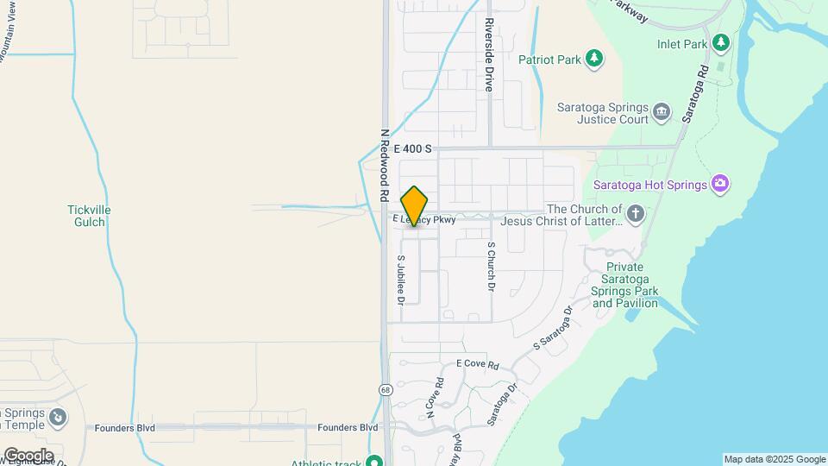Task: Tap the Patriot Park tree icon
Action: click(x=593, y=59)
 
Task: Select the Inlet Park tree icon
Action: click(x=720, y=42)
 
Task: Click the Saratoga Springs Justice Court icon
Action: click(x=662, y=110)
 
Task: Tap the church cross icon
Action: click(x=635, y=214)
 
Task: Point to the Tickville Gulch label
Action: click(x=89, y=216)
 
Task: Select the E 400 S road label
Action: click(x=412, y=149)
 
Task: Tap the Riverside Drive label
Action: click(x=488, y=54)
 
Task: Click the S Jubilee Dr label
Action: click(x=401, y=279)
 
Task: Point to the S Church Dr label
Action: click(x=491, y=266)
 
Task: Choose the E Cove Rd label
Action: click(x=478, y=365)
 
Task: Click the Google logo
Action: click(x=28, y=455)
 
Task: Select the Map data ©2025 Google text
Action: click(x=775, y=459)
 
